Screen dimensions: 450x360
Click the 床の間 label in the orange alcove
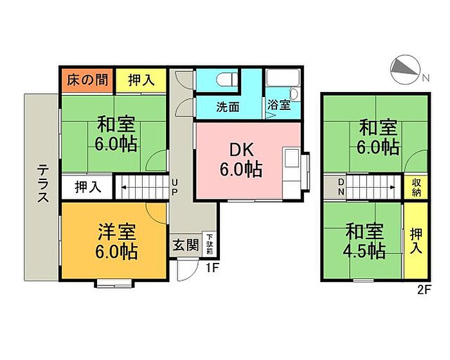coord(87,80)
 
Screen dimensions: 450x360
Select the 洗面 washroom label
coord(228,107)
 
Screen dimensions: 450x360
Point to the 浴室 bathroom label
coord(279,105)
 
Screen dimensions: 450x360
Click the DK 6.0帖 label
coord(241,159)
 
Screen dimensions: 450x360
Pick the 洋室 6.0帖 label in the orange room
coord(116,242)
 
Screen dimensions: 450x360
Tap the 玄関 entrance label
coord(186,246)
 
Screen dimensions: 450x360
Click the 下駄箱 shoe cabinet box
coord(210,244)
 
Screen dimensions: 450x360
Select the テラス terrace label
coord(43,183)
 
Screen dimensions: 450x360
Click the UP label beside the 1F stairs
coord(174,187)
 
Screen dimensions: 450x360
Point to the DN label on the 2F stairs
coord(341,186)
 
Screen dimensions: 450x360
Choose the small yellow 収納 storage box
coord(416,188)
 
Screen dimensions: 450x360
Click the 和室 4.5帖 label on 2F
coord(364,241)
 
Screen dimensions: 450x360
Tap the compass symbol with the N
coord(406,69)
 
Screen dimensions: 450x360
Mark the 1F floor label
coord(212,268)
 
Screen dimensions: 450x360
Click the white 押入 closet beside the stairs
coord(87,187)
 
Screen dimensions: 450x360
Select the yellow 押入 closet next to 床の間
coord(141,80)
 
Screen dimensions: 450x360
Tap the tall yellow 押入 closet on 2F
coord(416,240)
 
